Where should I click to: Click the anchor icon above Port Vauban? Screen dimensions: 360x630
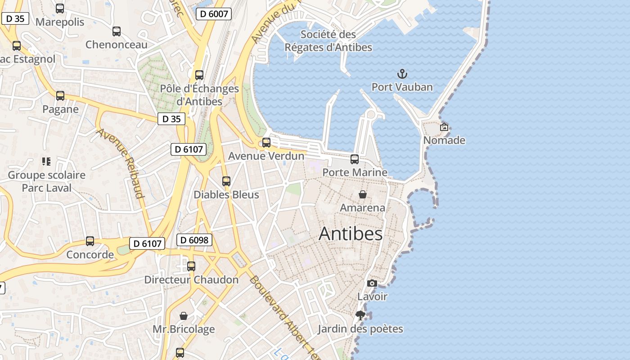click(x=402, y=74)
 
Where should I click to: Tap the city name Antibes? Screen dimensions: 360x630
click(x=351, y=234)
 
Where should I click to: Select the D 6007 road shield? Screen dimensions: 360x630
click(x=214, y=14)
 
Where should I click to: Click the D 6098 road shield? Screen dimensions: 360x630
click(x=194, y=240)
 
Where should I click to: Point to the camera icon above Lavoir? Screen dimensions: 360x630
click(x=372, y=283)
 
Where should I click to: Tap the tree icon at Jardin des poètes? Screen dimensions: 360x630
click(x=360, y=315)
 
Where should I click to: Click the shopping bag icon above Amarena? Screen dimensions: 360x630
click(x=363, y=194)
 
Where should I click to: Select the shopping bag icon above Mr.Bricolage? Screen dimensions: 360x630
click(x=184, y=316)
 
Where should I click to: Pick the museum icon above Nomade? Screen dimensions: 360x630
click(x=444, y=127)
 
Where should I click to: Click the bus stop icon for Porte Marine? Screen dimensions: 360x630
click(x=355, y=159)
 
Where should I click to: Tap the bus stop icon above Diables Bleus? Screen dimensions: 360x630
click(x=226, y=181)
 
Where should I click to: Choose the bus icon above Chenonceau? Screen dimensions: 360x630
click(x=117, y=31)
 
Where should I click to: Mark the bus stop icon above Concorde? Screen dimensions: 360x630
click(x=90, y=241)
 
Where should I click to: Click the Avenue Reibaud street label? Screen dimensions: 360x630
click(x=121, y=163)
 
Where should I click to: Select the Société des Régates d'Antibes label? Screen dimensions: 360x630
click(x=328, y=40)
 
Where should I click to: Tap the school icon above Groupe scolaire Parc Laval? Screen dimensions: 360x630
click(x=46, y=161)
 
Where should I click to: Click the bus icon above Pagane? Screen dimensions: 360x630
click(x=60, y=96)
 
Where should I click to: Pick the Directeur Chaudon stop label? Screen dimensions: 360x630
click(x=191, y=279)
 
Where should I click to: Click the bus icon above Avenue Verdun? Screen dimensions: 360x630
click(x=266, y=143)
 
